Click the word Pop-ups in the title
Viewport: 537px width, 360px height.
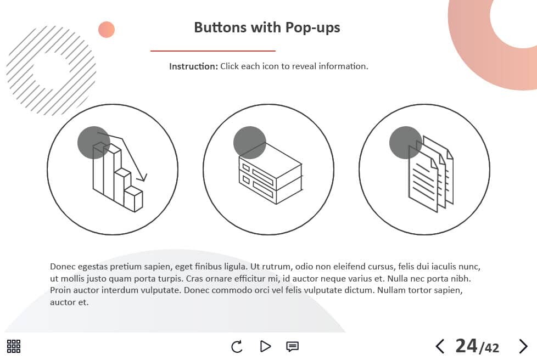(312, 28)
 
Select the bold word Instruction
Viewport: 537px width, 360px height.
(193, 66)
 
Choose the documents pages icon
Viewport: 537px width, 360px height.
(431, 174)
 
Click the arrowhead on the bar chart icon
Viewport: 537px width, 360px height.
(142, 178)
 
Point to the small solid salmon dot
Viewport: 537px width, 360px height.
(107, 30)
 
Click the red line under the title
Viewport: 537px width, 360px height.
(212, 51)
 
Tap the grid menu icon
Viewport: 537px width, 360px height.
(14, 346)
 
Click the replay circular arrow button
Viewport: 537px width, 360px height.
(237, 347)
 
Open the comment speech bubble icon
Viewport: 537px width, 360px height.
(292, 347)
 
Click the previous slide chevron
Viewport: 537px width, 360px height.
(440, 346)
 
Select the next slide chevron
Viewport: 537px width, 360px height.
(523, 346)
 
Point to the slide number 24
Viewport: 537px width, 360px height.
(466, 346)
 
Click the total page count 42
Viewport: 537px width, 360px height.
(492, 348)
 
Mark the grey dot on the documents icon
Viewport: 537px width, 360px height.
(405, 143)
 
